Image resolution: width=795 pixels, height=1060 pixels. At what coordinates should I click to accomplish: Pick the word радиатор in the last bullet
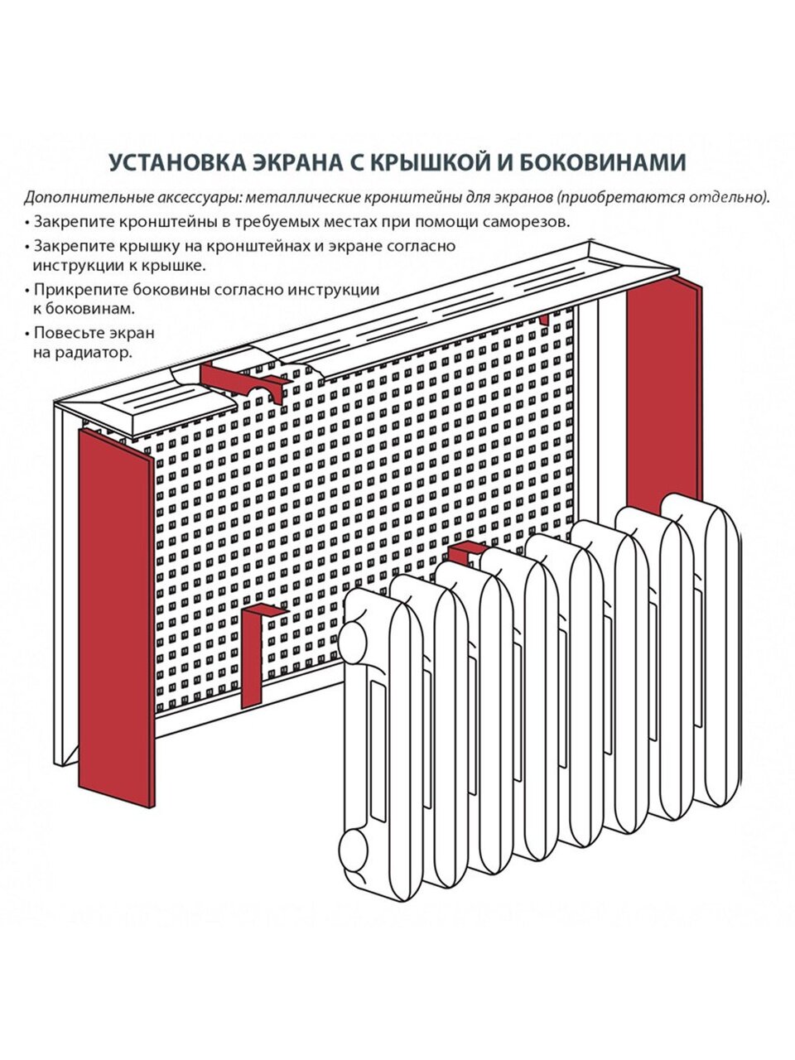98,353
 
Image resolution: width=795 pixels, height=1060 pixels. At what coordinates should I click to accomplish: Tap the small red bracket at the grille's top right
544,319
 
